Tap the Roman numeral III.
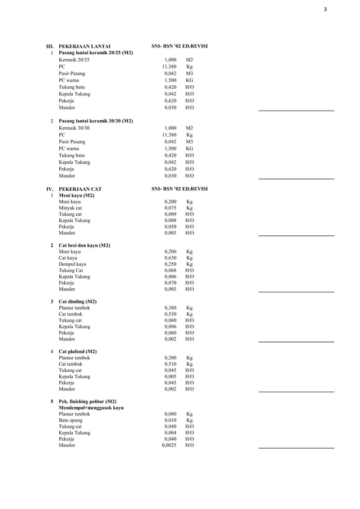pyautogui.click(x=49, y=46)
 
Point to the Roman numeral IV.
pyautogui.click(x=49, y=189)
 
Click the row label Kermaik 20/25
pyautogui.click(x=74, y=59)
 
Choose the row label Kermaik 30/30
pyautogui.click(x=74, y=128)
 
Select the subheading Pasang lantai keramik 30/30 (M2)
pyautogui.click(x=96, y=121)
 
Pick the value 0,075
pyautogui.click(x=170, y=208)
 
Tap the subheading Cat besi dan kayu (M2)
pyautogui.click(x=85, y=245)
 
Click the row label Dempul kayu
pyautogui.click(x=73, y=264)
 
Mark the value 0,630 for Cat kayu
pyautogui.click(x=170, y=258)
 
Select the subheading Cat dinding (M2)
pyautogui.click(x=78, y=301)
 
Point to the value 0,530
pyautogui.click(x=170, y=314)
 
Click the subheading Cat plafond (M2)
pyautogui.click(x=78, y=351)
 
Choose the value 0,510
pyautogui.click(x=170, y=364)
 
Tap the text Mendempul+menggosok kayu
pyautogui.click(x=91, y=407)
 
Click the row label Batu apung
pyautogui.click(x=71, y=420)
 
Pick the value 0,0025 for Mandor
pyautogui.click(x=169, y=445)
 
